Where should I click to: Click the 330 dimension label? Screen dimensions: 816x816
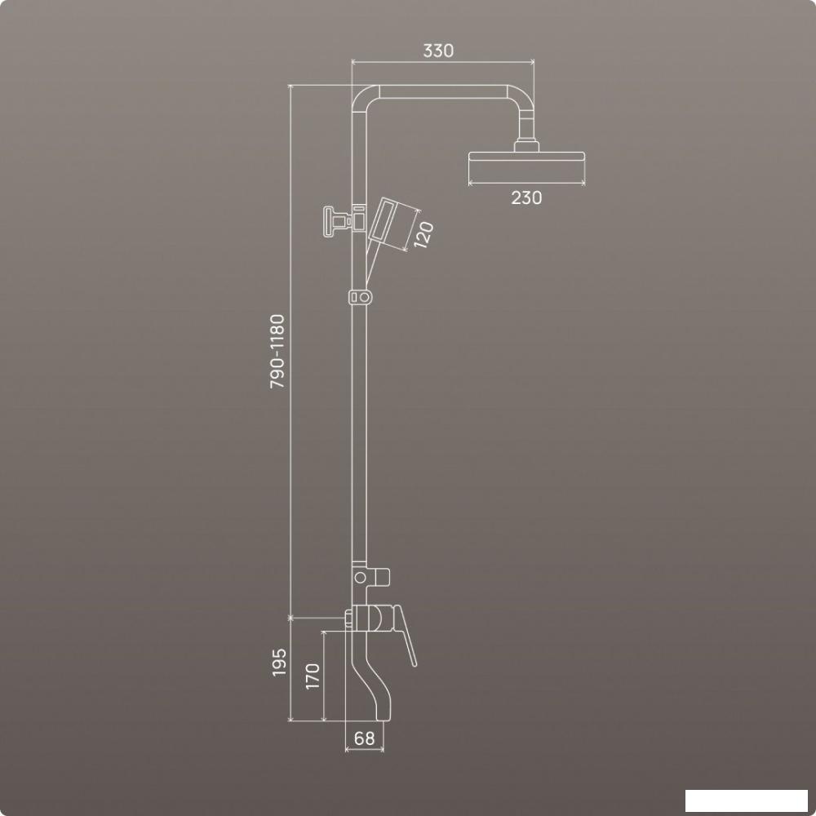438,51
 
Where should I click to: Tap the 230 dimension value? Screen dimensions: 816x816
526,197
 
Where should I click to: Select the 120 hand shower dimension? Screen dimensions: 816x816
424,235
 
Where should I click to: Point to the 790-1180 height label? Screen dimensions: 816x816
277,351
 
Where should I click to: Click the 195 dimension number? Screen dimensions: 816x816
279,662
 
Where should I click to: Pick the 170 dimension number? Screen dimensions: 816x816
313,676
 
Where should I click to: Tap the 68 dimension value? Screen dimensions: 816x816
364,738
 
